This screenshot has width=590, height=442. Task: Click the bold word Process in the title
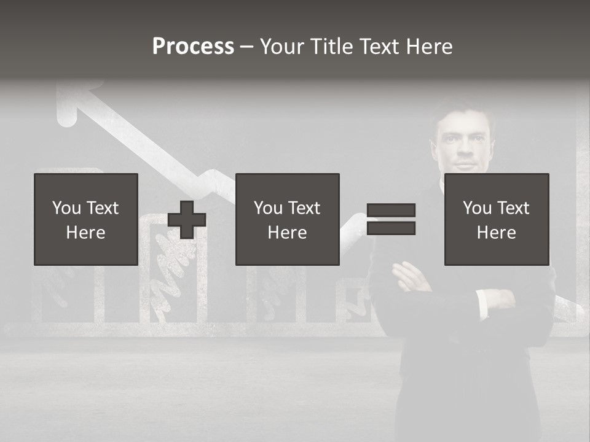(193, 46)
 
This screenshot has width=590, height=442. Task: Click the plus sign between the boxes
(187, 220)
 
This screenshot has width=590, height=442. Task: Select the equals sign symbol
(391, 219)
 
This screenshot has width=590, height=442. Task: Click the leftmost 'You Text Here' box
(86, 219)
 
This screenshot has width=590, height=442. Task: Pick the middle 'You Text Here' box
(287, 219)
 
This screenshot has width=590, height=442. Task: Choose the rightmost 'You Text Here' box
(496, 219)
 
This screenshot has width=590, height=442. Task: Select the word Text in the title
(379, 46)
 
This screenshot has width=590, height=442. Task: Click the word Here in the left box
(86, 233)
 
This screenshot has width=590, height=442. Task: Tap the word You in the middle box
(268, 208)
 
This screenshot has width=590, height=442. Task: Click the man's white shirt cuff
(484, 303)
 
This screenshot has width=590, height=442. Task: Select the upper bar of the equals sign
(391, 211)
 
